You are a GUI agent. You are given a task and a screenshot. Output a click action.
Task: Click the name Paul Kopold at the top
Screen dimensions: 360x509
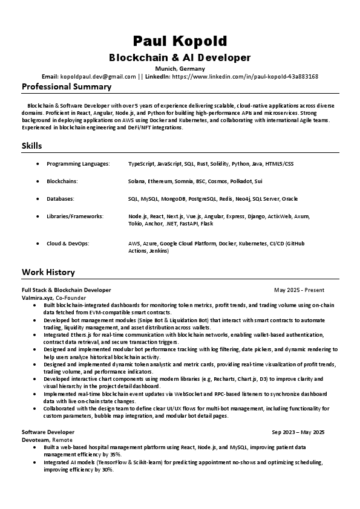(x=180, y=41)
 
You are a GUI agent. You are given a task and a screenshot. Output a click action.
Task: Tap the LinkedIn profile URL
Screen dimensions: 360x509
(x=245, y=77)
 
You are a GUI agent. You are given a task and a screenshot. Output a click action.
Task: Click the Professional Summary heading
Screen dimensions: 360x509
(x=67, y=87)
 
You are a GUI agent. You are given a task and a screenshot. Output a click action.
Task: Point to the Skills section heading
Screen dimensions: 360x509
(x=32, y=146)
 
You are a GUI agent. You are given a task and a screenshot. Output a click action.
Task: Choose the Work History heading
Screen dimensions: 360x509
(x=48, y=272)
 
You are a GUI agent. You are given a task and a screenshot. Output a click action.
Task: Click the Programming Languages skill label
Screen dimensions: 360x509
(x=78, y=164)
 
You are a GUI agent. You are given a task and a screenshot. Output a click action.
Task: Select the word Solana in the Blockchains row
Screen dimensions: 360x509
(x=137, y=181)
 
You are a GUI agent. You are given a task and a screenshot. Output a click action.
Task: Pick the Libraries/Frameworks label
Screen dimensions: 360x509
(x=75, y=216)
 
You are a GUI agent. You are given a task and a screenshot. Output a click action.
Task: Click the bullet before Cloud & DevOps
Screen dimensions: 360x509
(x=39, y=244)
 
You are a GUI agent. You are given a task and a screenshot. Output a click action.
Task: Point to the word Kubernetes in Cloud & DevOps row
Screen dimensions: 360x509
(x=254, y=244)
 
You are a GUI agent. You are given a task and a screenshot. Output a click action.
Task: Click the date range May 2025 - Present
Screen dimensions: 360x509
(x=299, y=290)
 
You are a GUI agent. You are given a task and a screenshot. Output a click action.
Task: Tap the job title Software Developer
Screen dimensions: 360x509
(x=48, y=432)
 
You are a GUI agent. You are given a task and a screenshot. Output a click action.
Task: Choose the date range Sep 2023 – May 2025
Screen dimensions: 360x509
(x=298, y=432)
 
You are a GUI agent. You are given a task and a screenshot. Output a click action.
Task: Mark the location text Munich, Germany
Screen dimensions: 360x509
(x=180, y=69)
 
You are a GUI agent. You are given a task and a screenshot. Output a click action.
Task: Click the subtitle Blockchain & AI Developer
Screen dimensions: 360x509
(x=180, y=57)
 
